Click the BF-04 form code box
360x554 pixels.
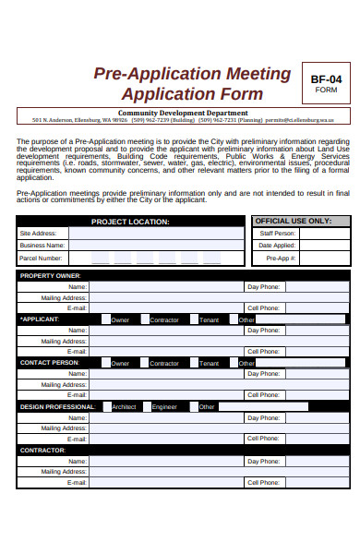[327, 84]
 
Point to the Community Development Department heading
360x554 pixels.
[183, 113]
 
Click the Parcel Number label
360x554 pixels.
[43, 259]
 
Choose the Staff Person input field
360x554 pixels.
[323, 234]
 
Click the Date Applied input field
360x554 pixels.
[323, 246]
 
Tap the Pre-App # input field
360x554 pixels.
[323, 259]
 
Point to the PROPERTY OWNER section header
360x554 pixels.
[51, 276]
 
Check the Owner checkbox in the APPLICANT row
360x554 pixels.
[106, 319]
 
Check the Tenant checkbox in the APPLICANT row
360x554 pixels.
[194, 319]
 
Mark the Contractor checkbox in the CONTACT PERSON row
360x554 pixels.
[145, 363]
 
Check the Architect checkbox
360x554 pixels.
[107, 406]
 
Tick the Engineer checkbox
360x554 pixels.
[147, 406]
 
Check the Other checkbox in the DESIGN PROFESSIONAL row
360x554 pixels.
[194, 406]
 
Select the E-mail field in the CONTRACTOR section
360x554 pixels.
[166, 483]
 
